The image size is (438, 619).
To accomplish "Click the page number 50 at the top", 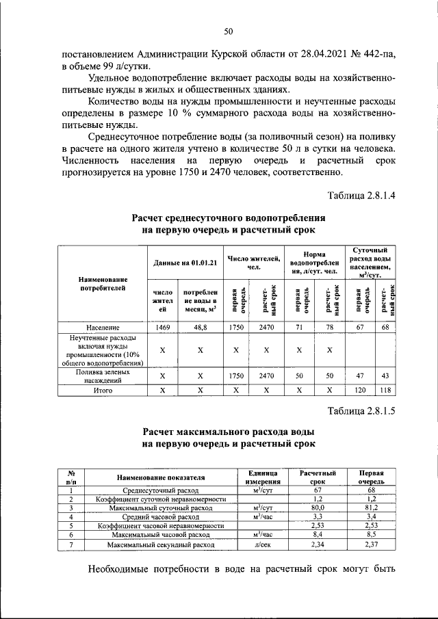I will pyautogui.click(x=229, y=31).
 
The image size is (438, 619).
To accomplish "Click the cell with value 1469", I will pyautogui.click(x=162, y=328).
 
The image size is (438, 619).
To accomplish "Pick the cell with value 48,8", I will pyautogui.click(x=201, y=328).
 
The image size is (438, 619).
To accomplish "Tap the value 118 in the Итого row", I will pyautogui.click(x=385, y=391).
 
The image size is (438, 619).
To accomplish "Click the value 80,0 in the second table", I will pyautogui.click(x=317, y=508).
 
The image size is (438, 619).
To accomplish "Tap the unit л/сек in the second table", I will pyautogui.click(x=263, y=544).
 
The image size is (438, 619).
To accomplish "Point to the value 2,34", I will pyautogui.click(x=317, y=544).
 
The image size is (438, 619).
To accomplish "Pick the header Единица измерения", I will pyautogui.click(x=263, y=477).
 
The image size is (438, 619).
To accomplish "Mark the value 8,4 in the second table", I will pyautogui.click(x=317, y=534).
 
